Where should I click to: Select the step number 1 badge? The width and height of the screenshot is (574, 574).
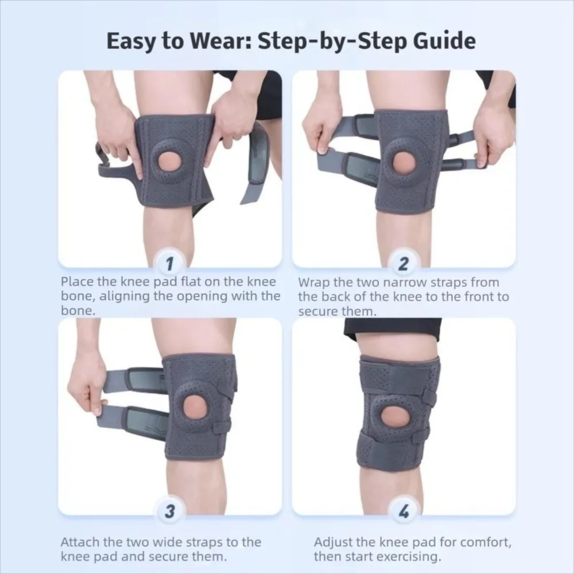click(169, 264)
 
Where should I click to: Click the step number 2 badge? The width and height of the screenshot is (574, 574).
click(403, 264)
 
